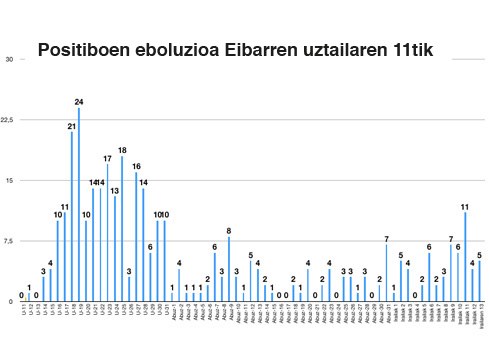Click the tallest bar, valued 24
[x=79, y=205]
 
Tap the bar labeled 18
[x=122, y=229]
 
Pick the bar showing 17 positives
[x=108, y=232]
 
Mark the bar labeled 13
[x=115, y=249]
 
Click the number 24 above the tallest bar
[x=79, y=102]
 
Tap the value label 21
[x=72, y=126]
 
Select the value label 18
[x=122, y=150]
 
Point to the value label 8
[x=229, y=231]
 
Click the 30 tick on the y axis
[x=9, y=59]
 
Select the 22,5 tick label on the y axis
[x=8, y=120]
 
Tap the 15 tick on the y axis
[x=9, y=180]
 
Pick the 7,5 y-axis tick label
[x=9, y=240]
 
